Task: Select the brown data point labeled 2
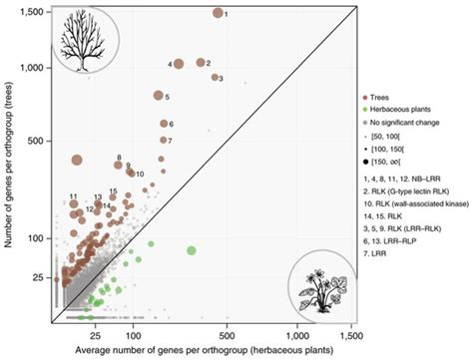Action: point(200,63)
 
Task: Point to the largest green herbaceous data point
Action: point(191,250)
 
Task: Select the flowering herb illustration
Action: point(321,288)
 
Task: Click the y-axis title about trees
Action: point(9,165)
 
